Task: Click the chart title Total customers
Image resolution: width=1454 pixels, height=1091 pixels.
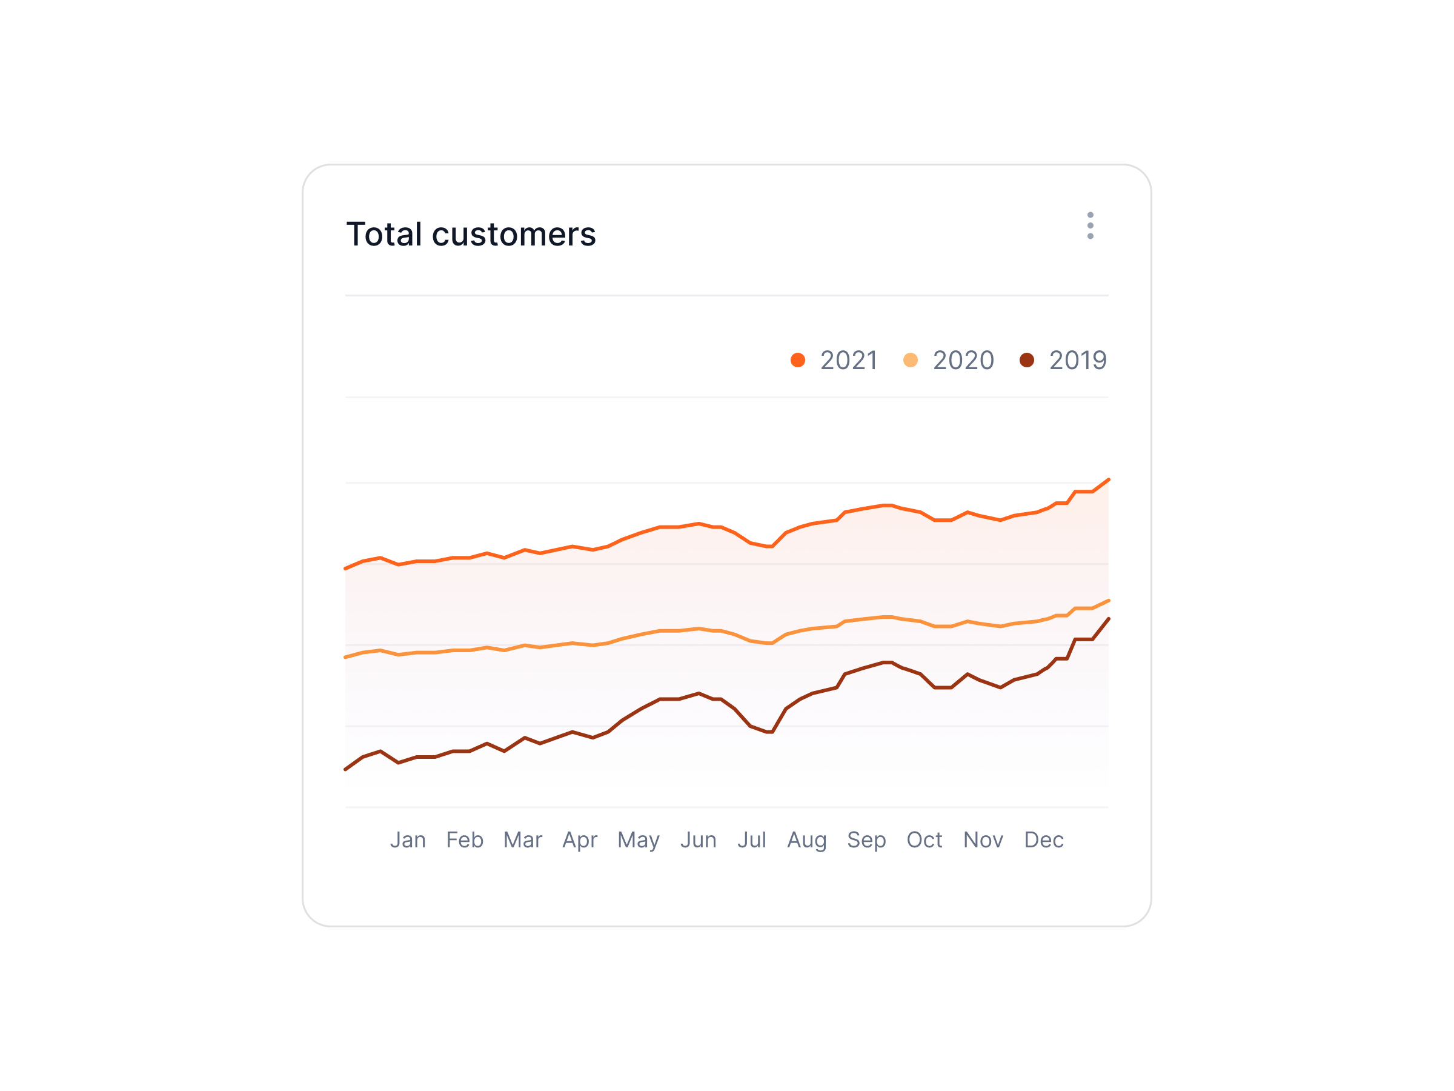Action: [471, 234]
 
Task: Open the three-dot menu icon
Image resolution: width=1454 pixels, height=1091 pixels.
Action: [1090, 225]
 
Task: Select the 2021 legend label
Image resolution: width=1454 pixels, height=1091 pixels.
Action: [849, 361]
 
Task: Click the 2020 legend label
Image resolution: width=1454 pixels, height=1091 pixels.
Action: [963, 361]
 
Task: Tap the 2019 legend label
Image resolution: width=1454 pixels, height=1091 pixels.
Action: [1078, 361]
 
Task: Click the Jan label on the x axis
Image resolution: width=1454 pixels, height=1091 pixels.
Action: [408, 840]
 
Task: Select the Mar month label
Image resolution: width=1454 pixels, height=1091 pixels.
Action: [523, 840]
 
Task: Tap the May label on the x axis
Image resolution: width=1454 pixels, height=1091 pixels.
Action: [639, 841]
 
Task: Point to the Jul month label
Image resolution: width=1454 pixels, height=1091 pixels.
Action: [751, 840]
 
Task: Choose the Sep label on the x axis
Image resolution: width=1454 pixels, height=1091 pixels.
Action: [866, 841]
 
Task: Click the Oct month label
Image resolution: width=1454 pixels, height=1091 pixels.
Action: [924, 840]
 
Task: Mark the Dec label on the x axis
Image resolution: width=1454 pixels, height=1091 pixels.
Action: [1044, 840]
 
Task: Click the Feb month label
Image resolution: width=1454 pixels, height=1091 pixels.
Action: [465, 840]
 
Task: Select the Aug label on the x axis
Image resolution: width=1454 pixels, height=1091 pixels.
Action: [806, 841]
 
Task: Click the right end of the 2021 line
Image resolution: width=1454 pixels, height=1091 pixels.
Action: [1108, 480]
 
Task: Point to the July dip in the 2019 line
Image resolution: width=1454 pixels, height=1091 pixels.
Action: [771, 732]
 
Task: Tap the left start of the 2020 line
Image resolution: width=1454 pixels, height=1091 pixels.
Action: [347, 657]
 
